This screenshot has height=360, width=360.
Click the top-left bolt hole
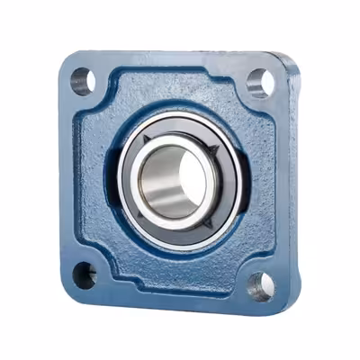82,80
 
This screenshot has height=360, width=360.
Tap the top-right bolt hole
260,83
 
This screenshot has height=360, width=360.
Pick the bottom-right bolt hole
260,286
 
